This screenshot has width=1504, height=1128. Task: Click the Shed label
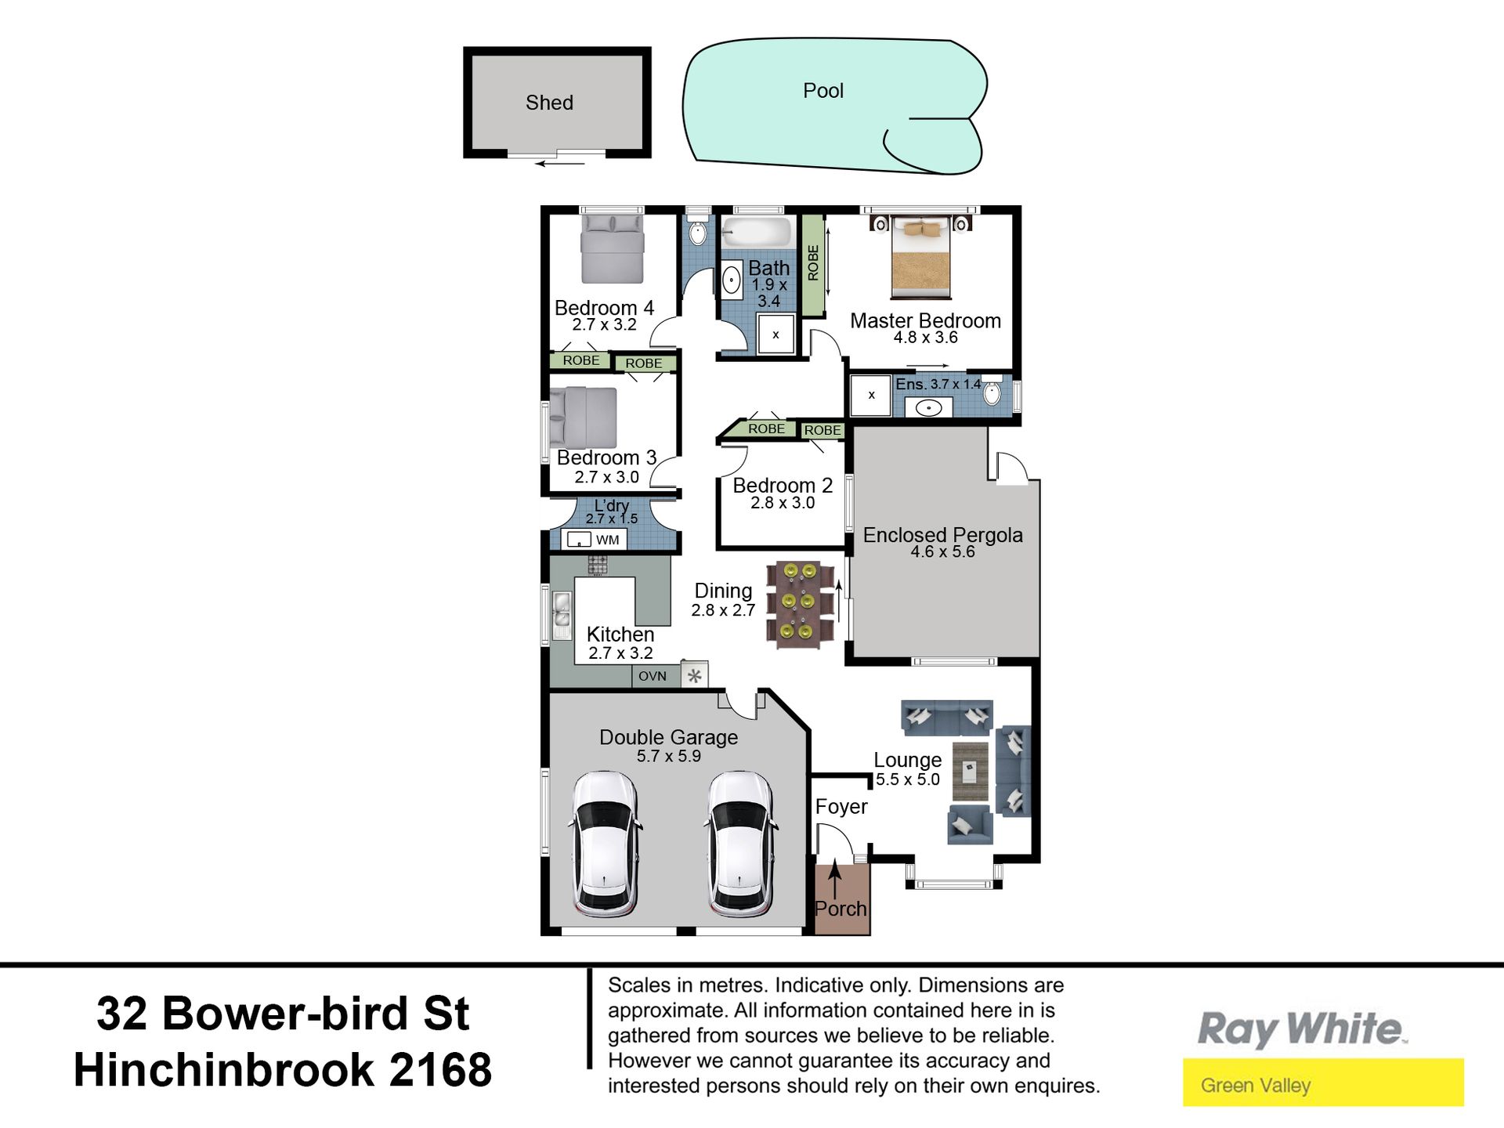click(x=549, y=103)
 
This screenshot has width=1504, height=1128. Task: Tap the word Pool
click(x=823, y=91)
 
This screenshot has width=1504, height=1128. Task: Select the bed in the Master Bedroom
click(x=920, y=258)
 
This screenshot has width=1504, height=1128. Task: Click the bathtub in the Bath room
click(x=756, y=233)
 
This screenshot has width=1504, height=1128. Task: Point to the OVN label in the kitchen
click(x=653, y=676)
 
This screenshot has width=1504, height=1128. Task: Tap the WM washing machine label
click(x=607, y=540)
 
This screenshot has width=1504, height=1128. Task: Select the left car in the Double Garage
click(x=604, y=844)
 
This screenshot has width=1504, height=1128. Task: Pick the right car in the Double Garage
click(x=741, y=844)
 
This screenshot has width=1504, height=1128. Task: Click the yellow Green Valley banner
click(x=1323, y=1083)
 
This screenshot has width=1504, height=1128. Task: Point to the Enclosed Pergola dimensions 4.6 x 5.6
click(x=942, y=551)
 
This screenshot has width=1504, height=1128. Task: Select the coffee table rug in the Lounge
click(x=970, y=772)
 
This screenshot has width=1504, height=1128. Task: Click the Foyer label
click(x=841, y=807)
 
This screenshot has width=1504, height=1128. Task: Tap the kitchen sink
click(x=562, y=615)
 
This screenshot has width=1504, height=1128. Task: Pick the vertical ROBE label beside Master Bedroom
click(x=813, y=263)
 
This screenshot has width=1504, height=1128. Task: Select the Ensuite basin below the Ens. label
click(x=928, y=408)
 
